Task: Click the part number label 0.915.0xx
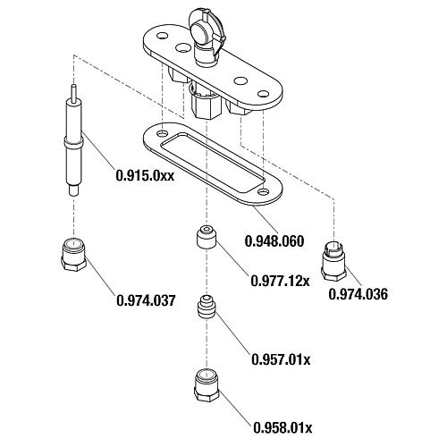[145, 175]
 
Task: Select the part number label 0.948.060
[274, 240]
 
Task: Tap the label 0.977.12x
[280, 281]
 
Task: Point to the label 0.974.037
[146, 300]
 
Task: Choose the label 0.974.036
[358, 294]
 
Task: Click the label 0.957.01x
[281, 359]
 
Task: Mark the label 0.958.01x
[283, 428]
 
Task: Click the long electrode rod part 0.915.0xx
[73, 140]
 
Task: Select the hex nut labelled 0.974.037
[74, 255]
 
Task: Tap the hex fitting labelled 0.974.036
[333, 261]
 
